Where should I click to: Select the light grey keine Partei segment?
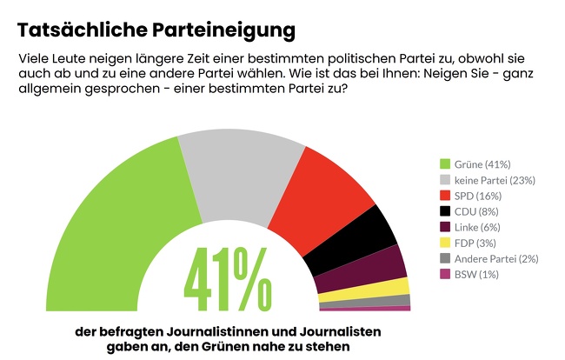pos(240,177)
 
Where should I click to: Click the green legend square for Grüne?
pos(445,164)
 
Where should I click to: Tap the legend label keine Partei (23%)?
pos(495,180)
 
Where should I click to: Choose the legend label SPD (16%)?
pos(478,196)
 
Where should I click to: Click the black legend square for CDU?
pos(445,211)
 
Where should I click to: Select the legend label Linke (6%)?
pos(477,227)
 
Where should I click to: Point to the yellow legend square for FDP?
pos(445,243)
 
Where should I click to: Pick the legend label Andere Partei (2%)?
pos(496,259)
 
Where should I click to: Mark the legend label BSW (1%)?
pos(476,275)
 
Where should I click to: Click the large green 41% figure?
pos(228,279)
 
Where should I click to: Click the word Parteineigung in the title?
pos(223,30)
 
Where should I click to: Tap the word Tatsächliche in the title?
pos(83,30)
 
